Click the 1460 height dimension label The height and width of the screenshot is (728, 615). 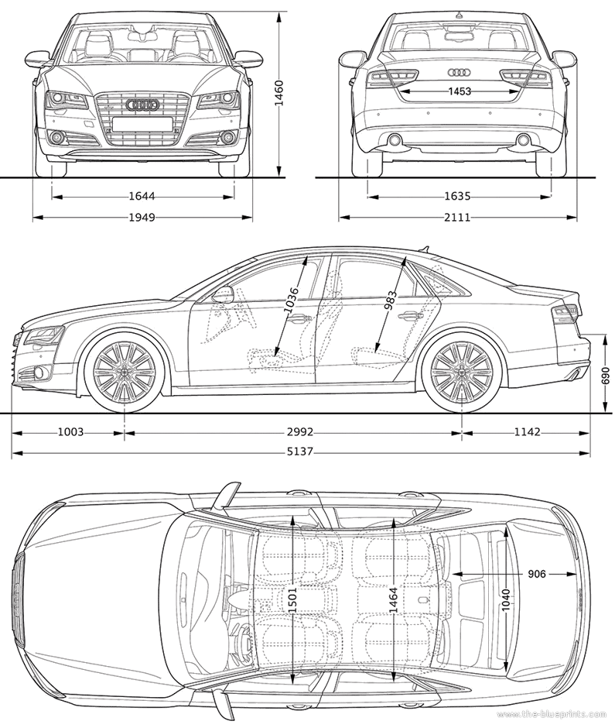coord(278,93)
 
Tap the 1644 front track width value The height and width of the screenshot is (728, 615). coord(142,197)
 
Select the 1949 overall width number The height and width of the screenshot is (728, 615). coord(142,218)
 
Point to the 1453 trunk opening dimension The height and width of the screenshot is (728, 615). coord(460,91)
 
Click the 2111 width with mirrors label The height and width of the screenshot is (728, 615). coord(457,218)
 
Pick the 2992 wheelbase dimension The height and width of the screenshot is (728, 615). coord(299,432)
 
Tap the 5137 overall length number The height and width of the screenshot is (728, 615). coord(299,451)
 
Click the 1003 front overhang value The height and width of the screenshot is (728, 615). coord(70,432)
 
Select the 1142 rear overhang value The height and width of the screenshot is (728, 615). coord(528,432)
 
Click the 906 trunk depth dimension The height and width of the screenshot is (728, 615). coord(537,574)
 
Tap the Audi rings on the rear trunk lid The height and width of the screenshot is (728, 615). coord(460,73)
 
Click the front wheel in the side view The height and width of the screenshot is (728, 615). coord(125,372)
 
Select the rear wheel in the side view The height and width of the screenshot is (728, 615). coord(462,372)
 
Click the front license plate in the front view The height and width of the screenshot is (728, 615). coord(142,123)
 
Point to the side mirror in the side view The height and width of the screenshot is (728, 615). coord(223,294)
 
